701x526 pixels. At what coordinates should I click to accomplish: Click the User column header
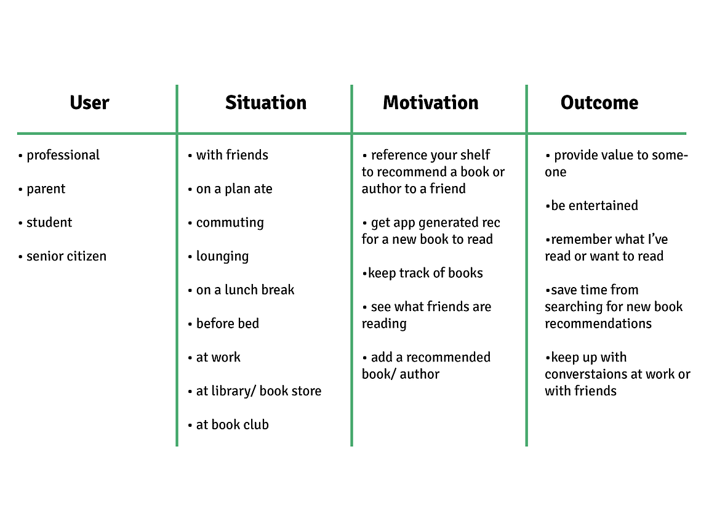coord(89,102)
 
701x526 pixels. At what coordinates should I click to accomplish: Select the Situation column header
coord(265,102)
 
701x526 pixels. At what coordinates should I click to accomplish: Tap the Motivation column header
coord(431,102)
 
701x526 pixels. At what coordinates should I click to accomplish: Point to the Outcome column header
coord(599,102)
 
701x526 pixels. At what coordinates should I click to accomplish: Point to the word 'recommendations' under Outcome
coord(598,323)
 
